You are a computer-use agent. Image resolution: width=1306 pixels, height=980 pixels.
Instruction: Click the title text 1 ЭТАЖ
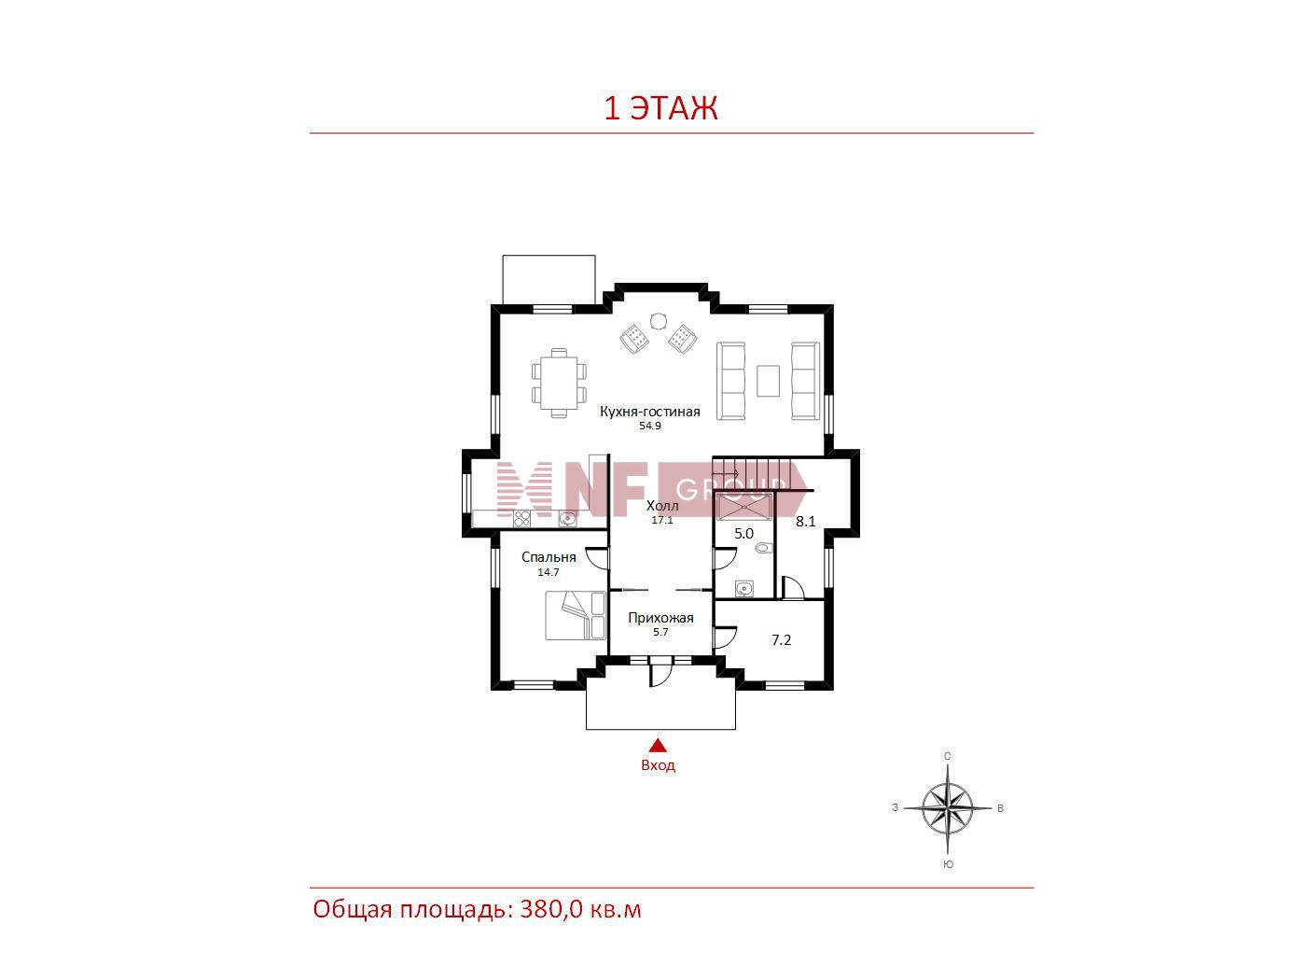point(660,108)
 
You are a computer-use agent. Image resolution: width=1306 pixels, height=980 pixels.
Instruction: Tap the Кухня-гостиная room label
point(649,412)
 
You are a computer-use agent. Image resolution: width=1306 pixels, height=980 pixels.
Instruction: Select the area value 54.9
point(649,426)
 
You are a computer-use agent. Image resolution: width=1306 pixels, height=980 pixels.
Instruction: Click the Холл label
point(662,506)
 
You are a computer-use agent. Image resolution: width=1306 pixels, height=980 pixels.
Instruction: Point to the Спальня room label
point(549,557)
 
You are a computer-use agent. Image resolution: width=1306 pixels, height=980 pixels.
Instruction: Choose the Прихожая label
point(660,618)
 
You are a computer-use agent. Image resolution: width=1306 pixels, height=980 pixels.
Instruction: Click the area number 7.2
point(781,639)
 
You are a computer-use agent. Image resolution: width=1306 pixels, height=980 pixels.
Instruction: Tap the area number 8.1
point(806,521)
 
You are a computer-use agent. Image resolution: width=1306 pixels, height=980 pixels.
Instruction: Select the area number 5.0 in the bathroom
point(743,533)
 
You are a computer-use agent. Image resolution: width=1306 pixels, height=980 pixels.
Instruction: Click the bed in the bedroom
point(576,615)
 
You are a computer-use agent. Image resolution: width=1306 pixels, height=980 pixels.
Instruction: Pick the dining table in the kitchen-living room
point(559,383)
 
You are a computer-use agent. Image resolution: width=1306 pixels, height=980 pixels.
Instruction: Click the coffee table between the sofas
point(768,381)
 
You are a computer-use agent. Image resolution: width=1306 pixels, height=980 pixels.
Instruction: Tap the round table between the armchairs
point(658,321)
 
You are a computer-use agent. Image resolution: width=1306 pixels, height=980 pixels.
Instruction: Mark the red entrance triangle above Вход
point(658,746)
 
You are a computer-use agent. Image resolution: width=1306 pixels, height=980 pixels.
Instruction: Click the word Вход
point(658,765)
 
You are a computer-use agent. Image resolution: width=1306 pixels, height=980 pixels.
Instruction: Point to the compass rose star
point(947,808)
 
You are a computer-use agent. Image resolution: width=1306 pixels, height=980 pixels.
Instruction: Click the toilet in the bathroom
point(764,548)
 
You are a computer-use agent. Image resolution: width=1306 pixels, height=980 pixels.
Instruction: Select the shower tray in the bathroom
point(743,507)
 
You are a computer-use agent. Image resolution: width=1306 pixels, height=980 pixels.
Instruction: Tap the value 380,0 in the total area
point(551,909)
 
